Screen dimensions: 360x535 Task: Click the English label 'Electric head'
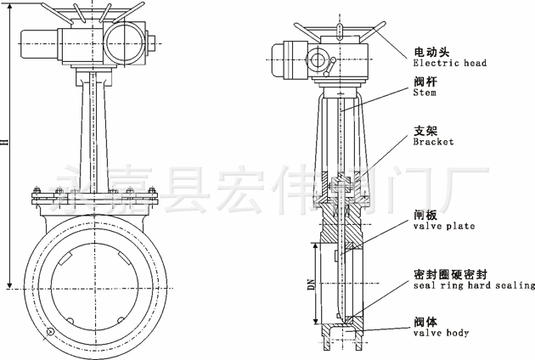449,63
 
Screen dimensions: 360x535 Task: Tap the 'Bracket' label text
433,142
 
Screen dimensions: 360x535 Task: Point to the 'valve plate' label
443,227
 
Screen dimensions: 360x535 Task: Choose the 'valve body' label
441,333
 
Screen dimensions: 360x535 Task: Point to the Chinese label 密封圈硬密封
450,273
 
